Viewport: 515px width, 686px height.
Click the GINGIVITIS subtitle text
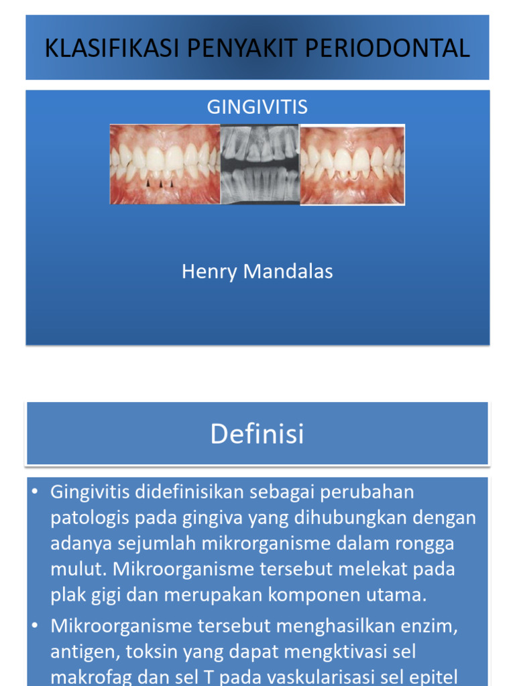pyautogui.click(x=257, y=107)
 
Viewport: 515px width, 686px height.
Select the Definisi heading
pyautogui.click(x=257, y=434)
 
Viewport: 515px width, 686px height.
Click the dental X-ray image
pyautogui.click(x=260, y=164)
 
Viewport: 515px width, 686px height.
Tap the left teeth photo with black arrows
pyautogui.click(x=165, y=164)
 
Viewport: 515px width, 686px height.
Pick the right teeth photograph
pyautogui.click(x=352, y=164)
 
